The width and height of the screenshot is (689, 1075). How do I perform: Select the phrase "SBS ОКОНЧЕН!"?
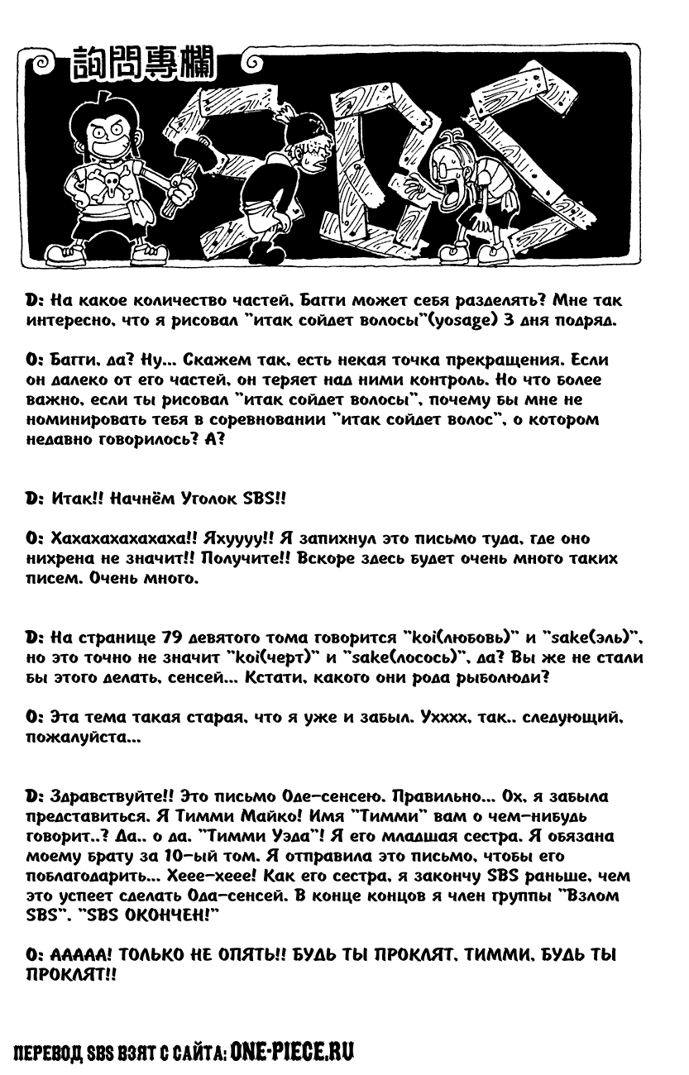153,917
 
